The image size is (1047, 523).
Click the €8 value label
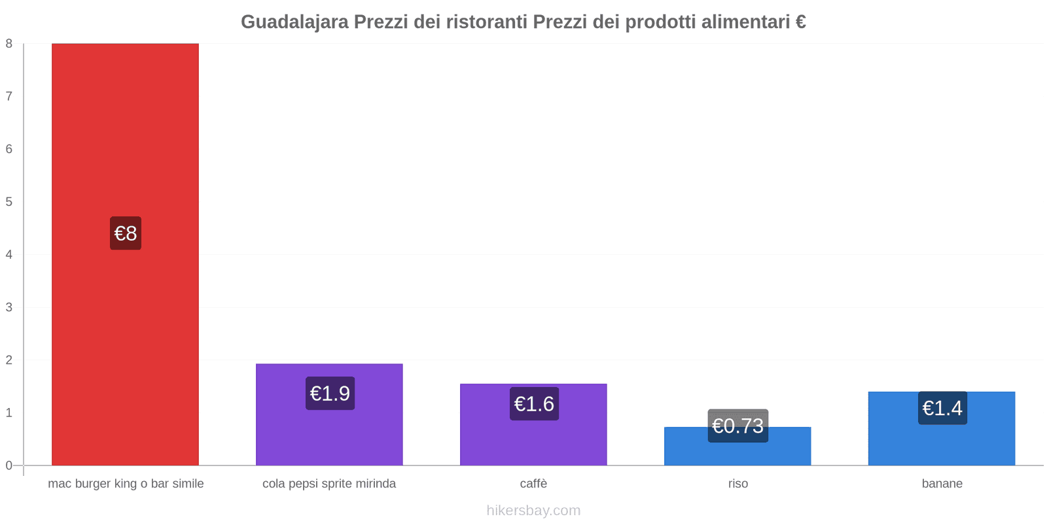[x=126, y=233]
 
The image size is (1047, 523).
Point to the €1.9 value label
[x=330, y=394]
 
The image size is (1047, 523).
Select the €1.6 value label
[x=534, y=404]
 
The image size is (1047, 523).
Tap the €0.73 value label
[x=737, y=426]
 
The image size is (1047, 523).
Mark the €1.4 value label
[x=942, y=408]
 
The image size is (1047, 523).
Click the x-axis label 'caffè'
[x=533, y=484]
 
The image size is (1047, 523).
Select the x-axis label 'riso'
[x=737, y=484]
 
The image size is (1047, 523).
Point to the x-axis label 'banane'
[x=942, y=484]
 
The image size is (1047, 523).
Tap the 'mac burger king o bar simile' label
[x=126, y=484]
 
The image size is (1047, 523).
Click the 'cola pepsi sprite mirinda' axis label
[x=329, y=484]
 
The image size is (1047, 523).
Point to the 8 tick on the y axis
[x=9, y=44]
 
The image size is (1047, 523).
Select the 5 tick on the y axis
[x=9, y=202]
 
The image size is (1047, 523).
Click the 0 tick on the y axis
[x=9, y=465]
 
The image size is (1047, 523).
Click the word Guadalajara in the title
[x=294, y=22]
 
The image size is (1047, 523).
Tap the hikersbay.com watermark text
[x=533, y=511]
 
